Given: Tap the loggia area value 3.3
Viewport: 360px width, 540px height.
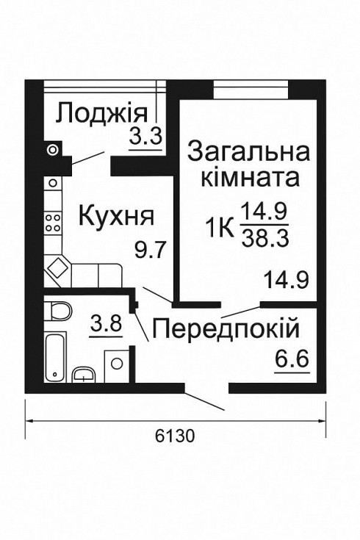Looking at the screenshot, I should pos(145,137).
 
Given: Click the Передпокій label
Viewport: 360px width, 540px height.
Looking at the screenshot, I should pos(225,327).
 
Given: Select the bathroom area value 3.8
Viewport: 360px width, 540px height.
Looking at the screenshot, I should pos(105,323).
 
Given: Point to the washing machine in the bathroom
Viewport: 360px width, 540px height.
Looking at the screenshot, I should pos(116,363).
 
